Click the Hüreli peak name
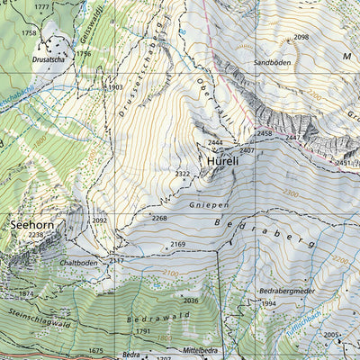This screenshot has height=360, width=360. point(222,161)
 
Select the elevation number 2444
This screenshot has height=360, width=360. point(214,143)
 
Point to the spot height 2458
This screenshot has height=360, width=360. point(264,133)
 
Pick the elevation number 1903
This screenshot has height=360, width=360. point(113,87)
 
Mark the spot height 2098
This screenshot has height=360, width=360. point(301,37)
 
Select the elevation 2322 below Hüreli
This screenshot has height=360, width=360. point(183,174)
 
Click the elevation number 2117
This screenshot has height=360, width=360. point(116,260)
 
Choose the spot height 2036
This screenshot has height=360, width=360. point(190,300)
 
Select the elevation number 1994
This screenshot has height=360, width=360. point(268,304)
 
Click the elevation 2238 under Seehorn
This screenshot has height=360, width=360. point(35,234)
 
